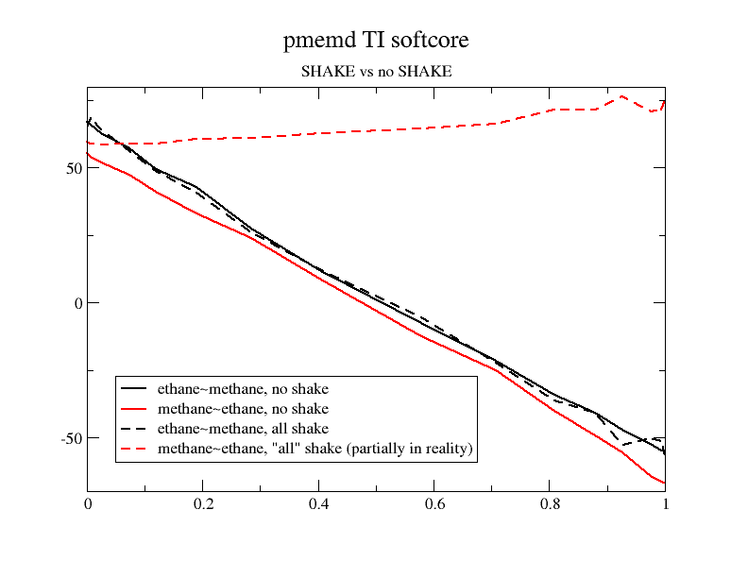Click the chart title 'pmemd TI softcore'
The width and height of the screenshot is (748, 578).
pyautogui.click(x=376, y=41)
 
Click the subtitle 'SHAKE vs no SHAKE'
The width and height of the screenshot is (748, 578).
pyautogui.click(x=376, y=71)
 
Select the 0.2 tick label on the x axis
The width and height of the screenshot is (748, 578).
pyautogui.click(x=203, y=504)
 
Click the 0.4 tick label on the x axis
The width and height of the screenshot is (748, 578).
pyautogui.click(x=318, y=504)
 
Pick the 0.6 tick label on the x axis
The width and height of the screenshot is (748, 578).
pyautogui.click(x=434, y=504)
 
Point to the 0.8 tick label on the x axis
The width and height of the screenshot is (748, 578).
pyautogui.click(x=550, y=504)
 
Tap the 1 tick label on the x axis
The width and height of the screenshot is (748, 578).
pyautogui.click(x=666, y=504)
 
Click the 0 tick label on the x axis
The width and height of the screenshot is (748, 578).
pyautogui.click(x=88, y=504)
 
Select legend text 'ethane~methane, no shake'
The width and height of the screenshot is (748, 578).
pyautogui.click(x=243, y=388)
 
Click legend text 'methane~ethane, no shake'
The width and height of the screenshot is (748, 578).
pyautogui.click(x=243, y=409)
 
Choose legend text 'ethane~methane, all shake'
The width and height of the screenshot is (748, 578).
pyautogui.click(x=243, y=429)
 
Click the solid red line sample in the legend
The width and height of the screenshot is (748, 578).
pyautogui.click(x=135, y=409)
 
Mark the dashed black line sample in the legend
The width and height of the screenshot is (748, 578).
pyautogui.click(x=135, y=429)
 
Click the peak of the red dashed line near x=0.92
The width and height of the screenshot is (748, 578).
pyautogui.click(x=622, y=96)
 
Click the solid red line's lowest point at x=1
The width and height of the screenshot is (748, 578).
pyautogui.click(x=665, y=484)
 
